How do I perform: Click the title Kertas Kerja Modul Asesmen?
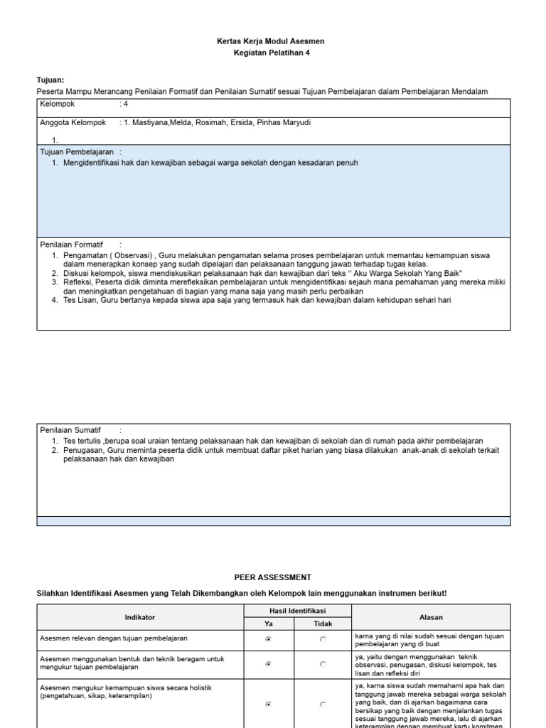tap(270, 41)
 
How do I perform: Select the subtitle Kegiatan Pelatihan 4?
tap(270, 53)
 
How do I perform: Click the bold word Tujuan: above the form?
tap(50, 80)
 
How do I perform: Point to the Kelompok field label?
tap(58, 104)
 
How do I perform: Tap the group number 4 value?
tap(126, 104)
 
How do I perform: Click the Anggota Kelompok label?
tap(73, 122)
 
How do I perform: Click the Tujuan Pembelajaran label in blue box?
tap(77, 151)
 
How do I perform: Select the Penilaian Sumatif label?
tap(70, 430)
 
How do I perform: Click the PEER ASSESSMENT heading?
tap(273, 577)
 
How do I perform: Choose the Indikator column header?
tap(140, 617)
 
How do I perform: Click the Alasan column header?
tap(430, 617)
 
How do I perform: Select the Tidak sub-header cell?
tap(323, 623)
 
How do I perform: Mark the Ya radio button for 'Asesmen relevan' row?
tap(268, 640)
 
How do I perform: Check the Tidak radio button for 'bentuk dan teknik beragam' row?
tap(323, 664)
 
